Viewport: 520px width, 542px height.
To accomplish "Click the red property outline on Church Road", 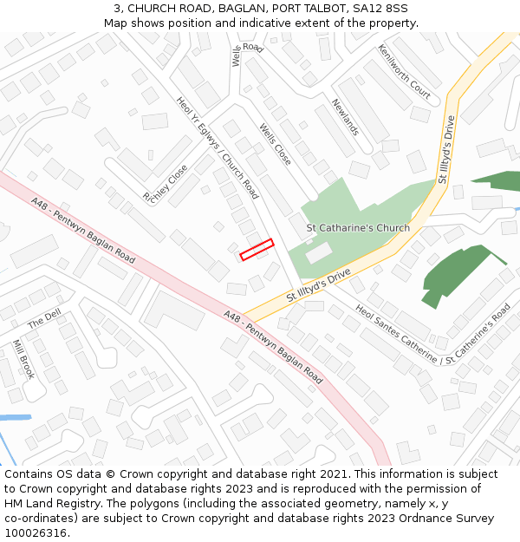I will tap(257, 249).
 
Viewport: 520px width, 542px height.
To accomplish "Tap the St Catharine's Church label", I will tap(358, 228).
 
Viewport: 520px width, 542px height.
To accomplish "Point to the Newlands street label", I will tap(345, 116).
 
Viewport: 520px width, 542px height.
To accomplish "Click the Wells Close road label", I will tap(276, 144).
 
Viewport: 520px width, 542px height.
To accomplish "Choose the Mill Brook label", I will tap(23, 359).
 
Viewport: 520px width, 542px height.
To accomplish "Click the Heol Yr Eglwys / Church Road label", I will tap(218, 147).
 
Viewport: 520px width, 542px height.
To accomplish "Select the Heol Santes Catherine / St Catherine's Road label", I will tap(433, 334).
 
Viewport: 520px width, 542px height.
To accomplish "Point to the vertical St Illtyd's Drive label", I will tap(446, 149).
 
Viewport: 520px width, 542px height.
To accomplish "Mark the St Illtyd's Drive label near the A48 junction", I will tap(318, 286).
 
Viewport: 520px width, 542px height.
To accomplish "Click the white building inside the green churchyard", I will tap(318, 252).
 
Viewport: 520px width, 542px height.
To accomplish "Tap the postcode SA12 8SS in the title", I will tap(380, 9).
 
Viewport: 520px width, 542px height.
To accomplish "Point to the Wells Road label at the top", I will tap(245, 51).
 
